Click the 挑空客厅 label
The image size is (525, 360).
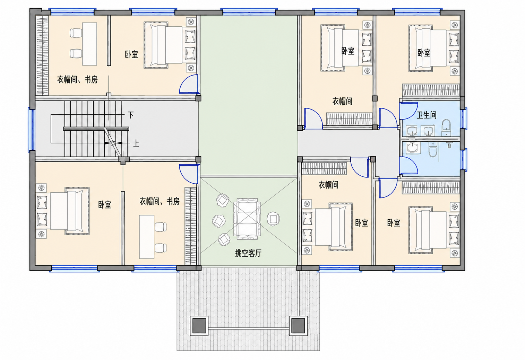point(248,253)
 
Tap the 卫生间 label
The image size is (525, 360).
point(427,115)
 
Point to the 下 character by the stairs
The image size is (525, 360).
point(130,115)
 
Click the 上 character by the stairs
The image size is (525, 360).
point(136,143)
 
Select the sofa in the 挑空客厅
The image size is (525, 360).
point(247,219)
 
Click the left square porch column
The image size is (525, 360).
point(199,326)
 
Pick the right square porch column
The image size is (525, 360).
point(298,326)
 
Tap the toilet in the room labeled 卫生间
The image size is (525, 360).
point(446,128)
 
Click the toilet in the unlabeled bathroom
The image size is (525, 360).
point(433,149)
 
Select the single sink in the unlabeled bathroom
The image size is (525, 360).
point(413,148)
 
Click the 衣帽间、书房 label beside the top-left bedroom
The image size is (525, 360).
point(77,80)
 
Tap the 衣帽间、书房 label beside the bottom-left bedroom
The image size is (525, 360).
point(160,201)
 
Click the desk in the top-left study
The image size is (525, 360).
point(89,44)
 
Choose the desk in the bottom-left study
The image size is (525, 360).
point(147,237)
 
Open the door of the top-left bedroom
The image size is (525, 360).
point(189,84)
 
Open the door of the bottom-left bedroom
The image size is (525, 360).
point(189,174)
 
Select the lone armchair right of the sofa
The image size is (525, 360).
point(273,219)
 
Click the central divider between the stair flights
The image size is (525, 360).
point(96,129)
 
